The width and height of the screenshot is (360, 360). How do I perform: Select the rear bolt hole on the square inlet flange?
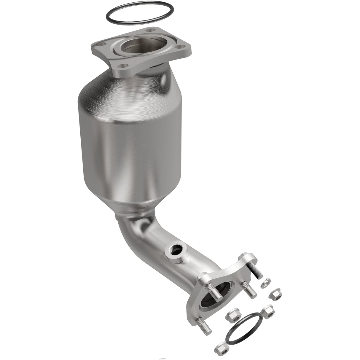coord(152,30)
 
